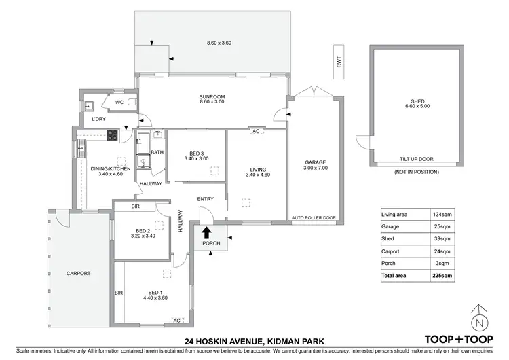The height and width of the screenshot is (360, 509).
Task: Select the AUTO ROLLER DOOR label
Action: [314, 218]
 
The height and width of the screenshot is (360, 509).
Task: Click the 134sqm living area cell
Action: [442, 215]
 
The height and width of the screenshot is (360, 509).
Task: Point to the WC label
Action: [119, 103]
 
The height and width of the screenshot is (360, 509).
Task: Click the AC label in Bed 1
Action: [176, 320]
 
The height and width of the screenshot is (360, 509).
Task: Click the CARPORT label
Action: [78, 274]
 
